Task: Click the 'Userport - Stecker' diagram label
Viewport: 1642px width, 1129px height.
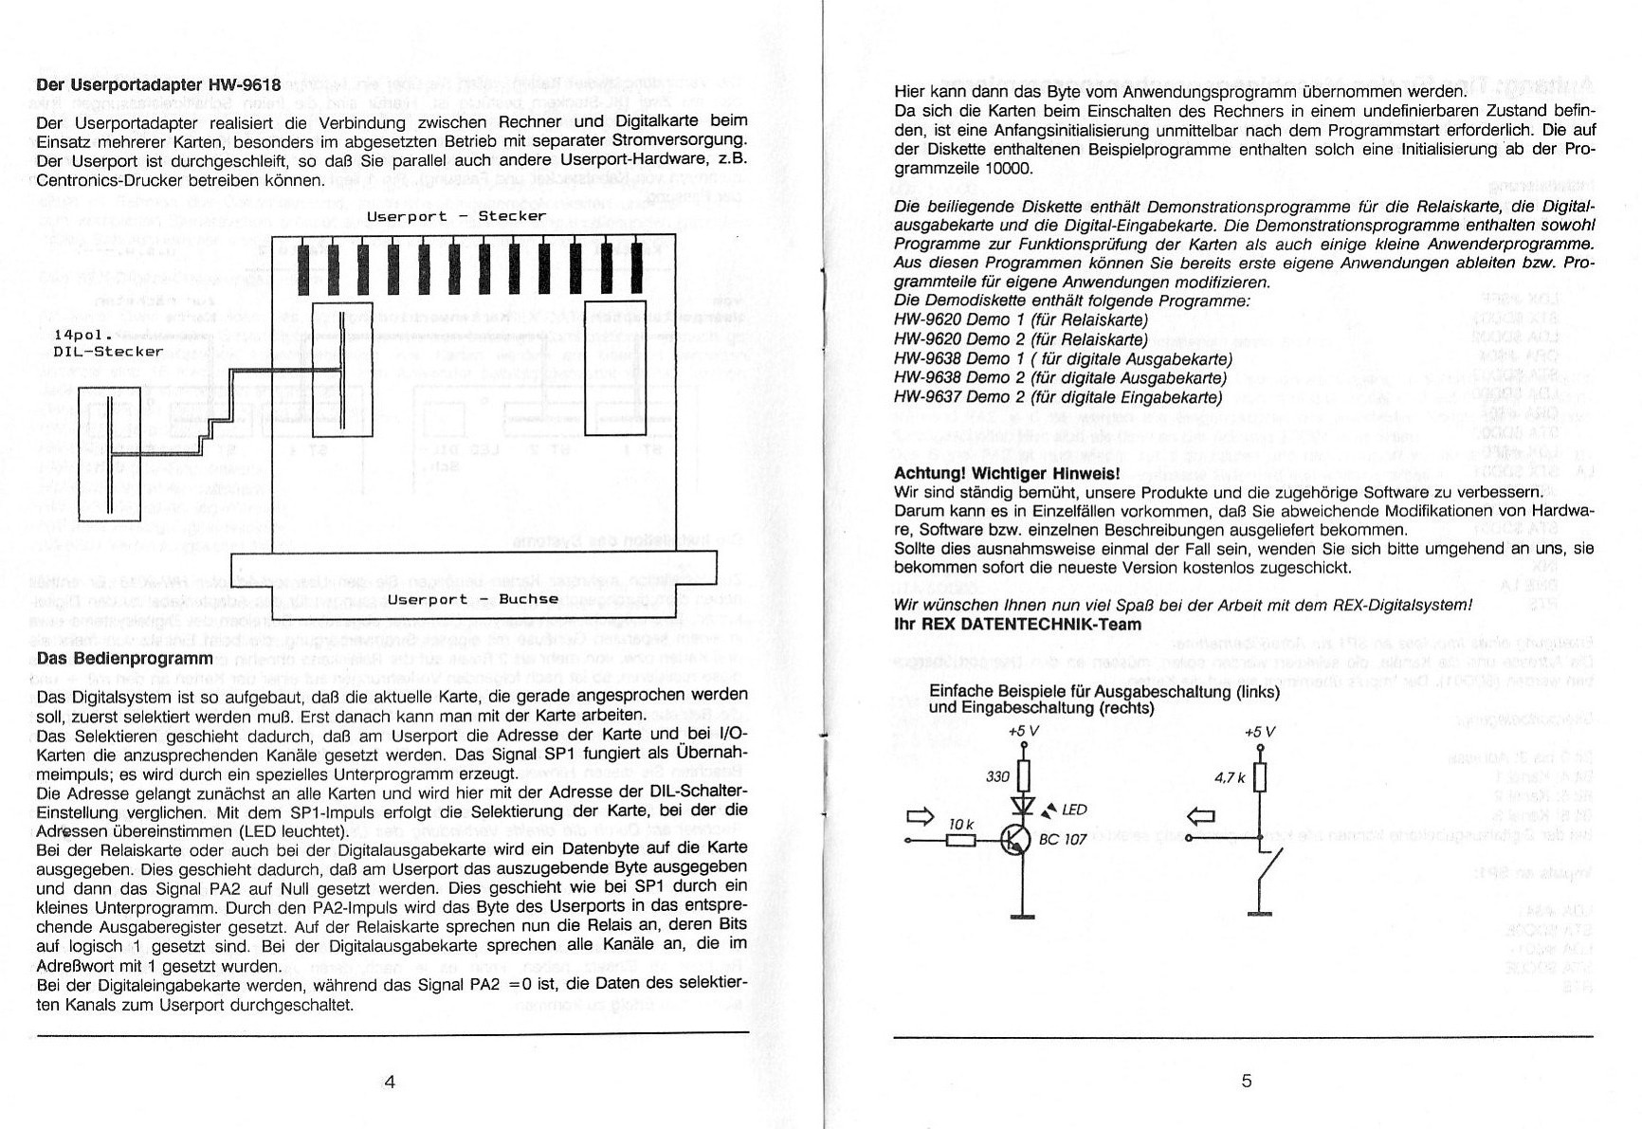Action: (x=456, y=216)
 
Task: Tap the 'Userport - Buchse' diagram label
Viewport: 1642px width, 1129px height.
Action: (x=472, y=599)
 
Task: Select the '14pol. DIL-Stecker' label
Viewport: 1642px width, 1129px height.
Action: (x=108, y=343)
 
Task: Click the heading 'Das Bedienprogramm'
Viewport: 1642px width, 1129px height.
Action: (x=123, y=658)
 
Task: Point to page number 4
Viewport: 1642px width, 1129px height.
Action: (x=389, y=1082)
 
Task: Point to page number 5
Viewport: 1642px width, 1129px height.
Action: (x=1247, y=1082)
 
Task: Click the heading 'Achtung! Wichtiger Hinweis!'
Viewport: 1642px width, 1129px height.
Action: (x=1007, y=473)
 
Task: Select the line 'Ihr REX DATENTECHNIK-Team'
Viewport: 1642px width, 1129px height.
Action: (x=1017, y=625)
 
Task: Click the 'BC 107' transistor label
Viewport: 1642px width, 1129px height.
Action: (x=1063, y=840)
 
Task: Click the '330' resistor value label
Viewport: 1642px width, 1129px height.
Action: (x=998, y=777)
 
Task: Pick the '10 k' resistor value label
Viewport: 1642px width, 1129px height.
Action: (x=961, y=826)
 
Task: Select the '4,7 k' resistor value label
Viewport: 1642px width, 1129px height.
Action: (x=1230, y=778)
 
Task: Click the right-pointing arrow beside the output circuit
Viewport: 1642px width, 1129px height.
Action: (x=921, y=815)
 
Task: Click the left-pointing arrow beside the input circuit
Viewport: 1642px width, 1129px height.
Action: (x=1201, y=815)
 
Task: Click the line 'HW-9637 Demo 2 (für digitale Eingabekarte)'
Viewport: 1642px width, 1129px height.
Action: (x=1057, y=397)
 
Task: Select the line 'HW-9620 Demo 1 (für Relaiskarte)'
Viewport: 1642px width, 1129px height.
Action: (x=1020, y=320)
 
